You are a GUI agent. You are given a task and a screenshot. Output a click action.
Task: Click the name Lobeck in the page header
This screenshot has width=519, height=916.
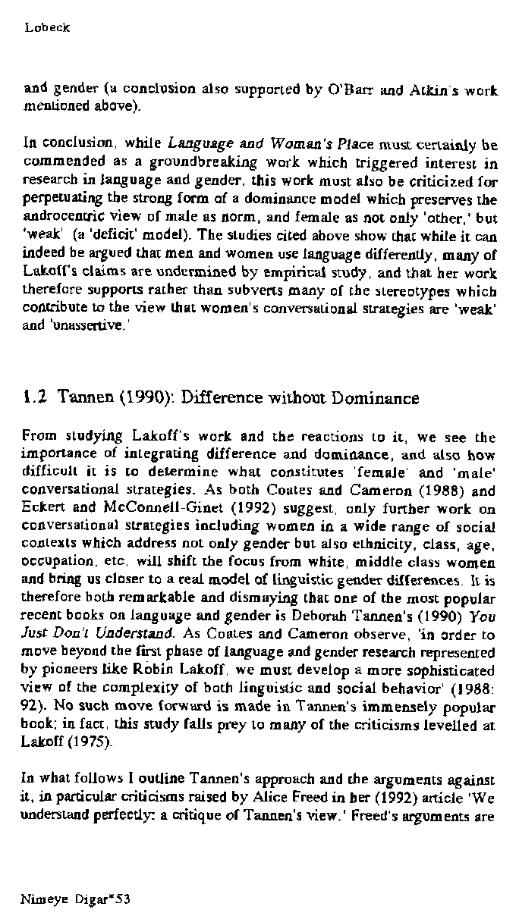(x=46, y=28)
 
